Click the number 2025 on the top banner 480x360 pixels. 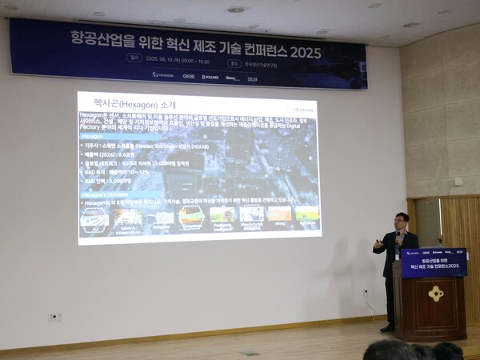point(305,53)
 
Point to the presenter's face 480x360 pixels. point(402,222)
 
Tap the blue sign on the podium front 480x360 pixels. point(434,262)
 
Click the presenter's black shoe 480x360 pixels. point(387,327)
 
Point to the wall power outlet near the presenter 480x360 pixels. point(365,292)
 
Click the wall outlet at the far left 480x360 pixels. point(55,317)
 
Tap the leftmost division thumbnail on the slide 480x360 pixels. point(94,218)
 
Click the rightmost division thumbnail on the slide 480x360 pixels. point(306,214)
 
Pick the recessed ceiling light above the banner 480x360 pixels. point(236,10)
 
